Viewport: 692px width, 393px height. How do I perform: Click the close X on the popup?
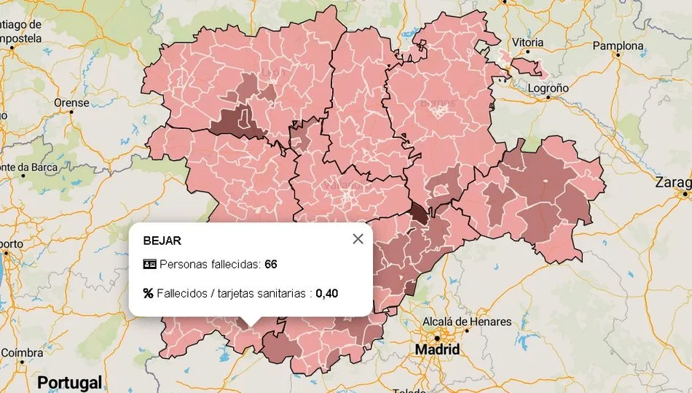click(358, 239)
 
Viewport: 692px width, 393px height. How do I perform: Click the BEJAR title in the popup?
click(162, 241)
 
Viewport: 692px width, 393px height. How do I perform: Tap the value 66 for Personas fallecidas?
click(271, 264)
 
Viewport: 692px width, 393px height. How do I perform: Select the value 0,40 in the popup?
click(326, 293)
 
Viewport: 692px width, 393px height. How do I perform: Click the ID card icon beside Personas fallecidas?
click(149, 264)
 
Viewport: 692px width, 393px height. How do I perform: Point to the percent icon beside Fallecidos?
click(149, 293)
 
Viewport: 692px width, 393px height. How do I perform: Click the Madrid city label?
click(437, 350)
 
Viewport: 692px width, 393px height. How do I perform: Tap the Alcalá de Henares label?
click(466, 322)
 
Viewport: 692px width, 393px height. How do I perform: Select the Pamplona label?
click(618, 46)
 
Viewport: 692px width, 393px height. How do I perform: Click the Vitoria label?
click(527, 43)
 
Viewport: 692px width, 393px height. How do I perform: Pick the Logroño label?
click(547, 87)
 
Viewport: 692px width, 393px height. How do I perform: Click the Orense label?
click(71, 103)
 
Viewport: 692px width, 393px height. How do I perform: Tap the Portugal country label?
click(69, 382)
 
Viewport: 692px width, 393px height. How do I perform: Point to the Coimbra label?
click(22, 353)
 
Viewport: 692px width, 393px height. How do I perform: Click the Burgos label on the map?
click(438, 103)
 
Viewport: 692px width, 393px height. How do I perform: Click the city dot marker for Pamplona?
click(618, 55)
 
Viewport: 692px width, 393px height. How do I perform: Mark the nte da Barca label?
click(29, 167)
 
